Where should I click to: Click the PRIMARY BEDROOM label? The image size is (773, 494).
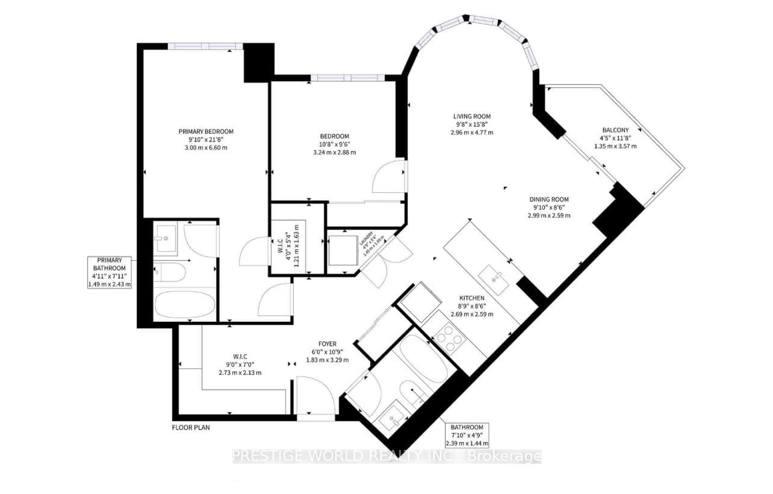206,131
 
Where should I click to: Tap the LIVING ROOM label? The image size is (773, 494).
472,116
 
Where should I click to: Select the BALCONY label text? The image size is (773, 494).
615,130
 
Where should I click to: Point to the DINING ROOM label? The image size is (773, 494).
549,199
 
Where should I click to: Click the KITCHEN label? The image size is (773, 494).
471,298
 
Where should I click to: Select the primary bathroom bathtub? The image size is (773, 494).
185,305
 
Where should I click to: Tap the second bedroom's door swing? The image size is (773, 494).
390,176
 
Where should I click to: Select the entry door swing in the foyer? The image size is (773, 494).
316,395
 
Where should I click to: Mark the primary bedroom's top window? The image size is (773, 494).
205,46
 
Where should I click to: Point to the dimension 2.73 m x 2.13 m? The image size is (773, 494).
240,372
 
